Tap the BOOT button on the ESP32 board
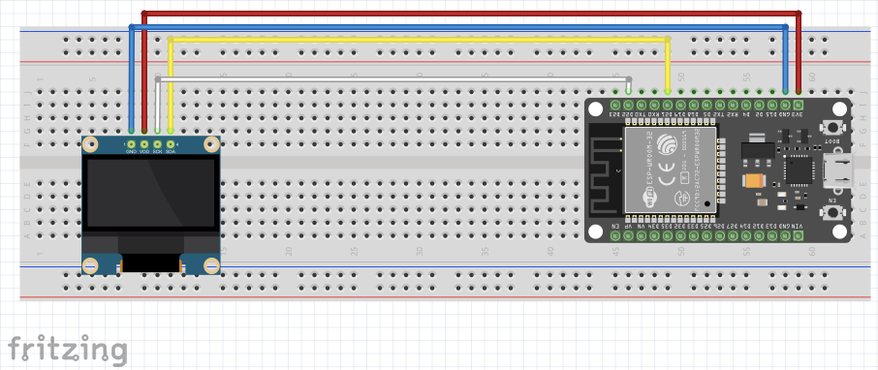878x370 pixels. coord(831,127)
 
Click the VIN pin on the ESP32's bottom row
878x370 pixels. coord(799,235)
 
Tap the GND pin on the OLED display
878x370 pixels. coord(131,143)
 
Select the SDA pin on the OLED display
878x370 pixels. coord(171,143)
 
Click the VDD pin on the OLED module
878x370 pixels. coord(144,143)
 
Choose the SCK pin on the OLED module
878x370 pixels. coord(157,143)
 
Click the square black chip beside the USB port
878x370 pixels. coord(800,169)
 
